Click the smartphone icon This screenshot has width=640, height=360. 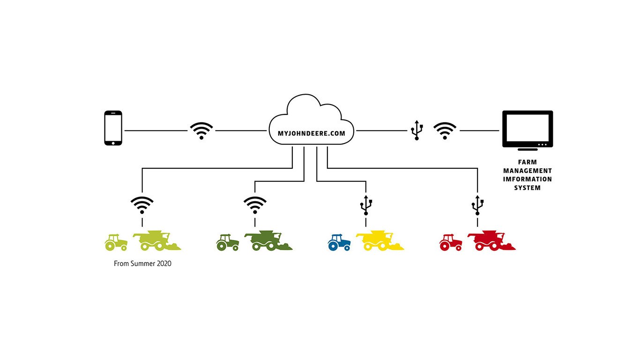pyautogui.click(x=113, y=128)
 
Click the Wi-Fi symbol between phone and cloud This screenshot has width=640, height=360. pyautogui.click(x=201, y=130)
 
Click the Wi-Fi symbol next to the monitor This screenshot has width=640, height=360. pyautogui.click(x=445, y=130)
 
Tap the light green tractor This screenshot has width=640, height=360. pyautogui.click(x=116, y=242)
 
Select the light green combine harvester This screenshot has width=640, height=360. pyautogui.click(x=156, y=240)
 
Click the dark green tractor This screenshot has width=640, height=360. pyautogui.click(x=228, y=242)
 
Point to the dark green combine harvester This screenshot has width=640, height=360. pyautogui.click(x=268, y=240)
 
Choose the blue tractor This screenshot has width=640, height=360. pyautogui.click(x=339, y=242)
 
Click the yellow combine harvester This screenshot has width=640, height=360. pyautogui.click(x=380, y=240)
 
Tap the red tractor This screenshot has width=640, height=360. pyautogui.click(x=451, y=242)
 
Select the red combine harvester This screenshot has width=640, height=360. pyautogui.click(x=491, y=240)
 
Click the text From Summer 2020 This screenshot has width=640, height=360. pyautogui.click(x=142, y=263)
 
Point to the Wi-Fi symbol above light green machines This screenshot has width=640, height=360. pyautogui.click(x=142, y=205)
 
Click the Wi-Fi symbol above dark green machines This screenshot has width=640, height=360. pyautogui.click(x=255, y=205)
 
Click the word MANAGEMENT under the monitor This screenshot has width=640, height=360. pyautogui.click(x=528, y=171)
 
